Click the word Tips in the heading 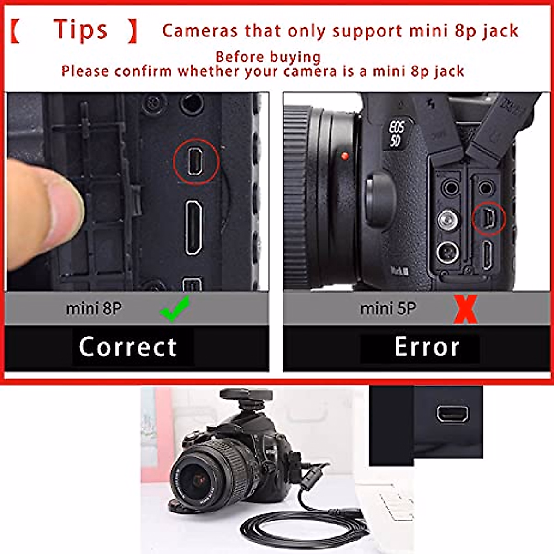pos(80,30)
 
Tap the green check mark pos(175,309)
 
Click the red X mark pos(465,309)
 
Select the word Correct pos(128,347)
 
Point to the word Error pos(427,347)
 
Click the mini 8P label pos(94,308)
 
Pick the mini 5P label pos(388,308)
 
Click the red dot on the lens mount pos(344,156)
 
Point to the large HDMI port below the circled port pos(193,228)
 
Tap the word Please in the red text pos(86,71)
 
